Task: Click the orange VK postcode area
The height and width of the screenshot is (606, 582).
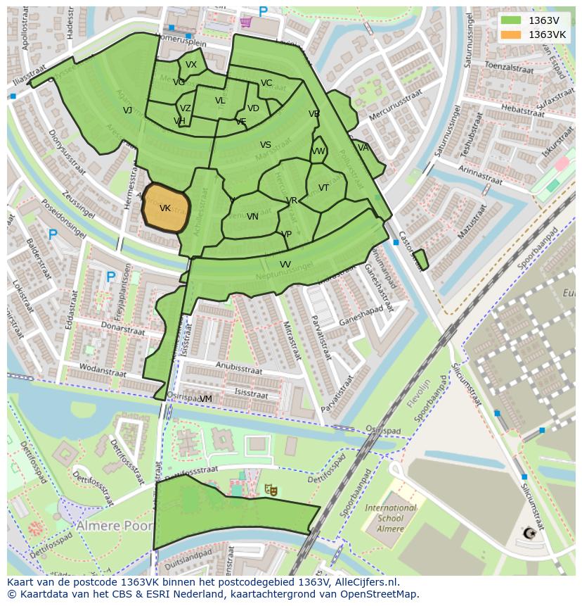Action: (x=166, y=208)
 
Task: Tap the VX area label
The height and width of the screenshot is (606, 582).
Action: (x=191, y=65)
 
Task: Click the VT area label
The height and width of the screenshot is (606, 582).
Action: (x=323, y=188)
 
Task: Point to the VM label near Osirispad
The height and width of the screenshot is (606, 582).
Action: (x=205, y=399)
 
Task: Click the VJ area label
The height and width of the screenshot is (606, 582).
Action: (x=127, y=111)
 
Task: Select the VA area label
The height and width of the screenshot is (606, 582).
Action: (x=363, y=148)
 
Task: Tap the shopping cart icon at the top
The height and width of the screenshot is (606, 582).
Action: (x=245, y=22)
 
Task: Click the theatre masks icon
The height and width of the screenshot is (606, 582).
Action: (x=271, y=489)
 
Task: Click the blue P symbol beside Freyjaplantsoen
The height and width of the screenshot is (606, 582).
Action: (x=110, y=277)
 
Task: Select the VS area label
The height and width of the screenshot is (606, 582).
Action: (x=266, y=146)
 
